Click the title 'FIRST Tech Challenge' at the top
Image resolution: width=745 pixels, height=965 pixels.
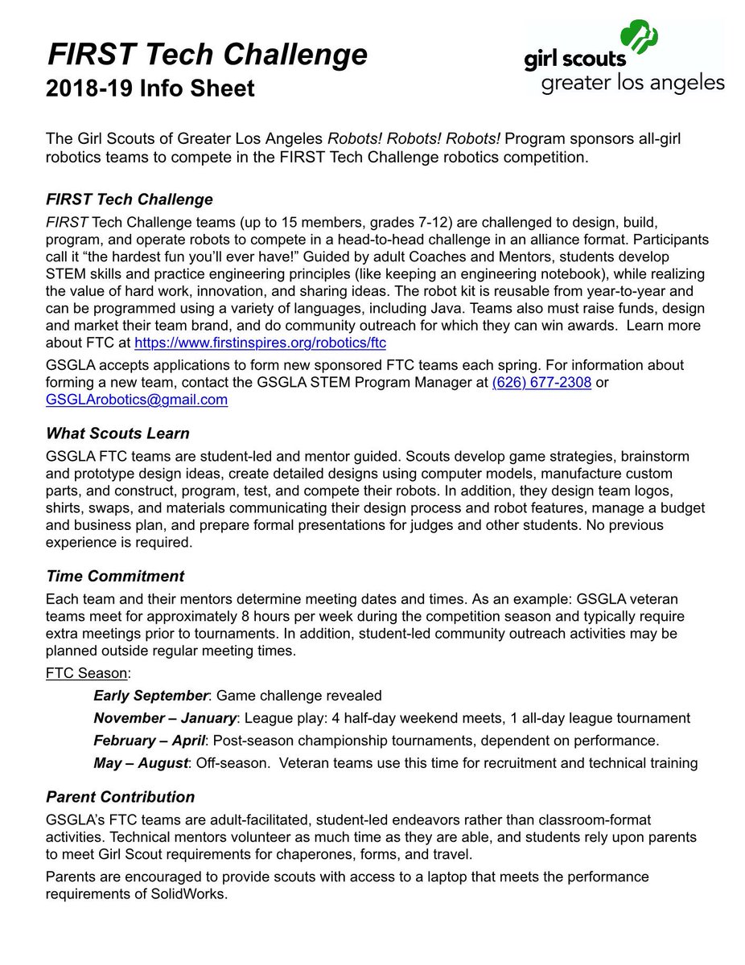(x=208, y=55)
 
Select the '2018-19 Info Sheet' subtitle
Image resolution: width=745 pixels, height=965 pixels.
(x=150, y=88)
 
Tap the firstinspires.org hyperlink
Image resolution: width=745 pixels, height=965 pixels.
(x=260, y=343)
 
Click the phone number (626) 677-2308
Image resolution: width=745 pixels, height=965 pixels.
(x=541, y=383)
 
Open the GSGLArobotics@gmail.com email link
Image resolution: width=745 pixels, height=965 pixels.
(x=137, y=400)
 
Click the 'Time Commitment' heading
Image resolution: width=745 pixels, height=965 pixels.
(x=115, y=576)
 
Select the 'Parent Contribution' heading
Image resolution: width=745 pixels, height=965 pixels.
(x=121, y=797)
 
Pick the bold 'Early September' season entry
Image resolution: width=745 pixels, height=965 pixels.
(x=151, y=696)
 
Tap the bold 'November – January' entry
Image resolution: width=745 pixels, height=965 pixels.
(x=165, y=718)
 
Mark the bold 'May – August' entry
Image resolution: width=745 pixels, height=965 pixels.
(x=140, y=762)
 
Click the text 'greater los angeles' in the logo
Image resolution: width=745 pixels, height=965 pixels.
(x=633, y=83)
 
